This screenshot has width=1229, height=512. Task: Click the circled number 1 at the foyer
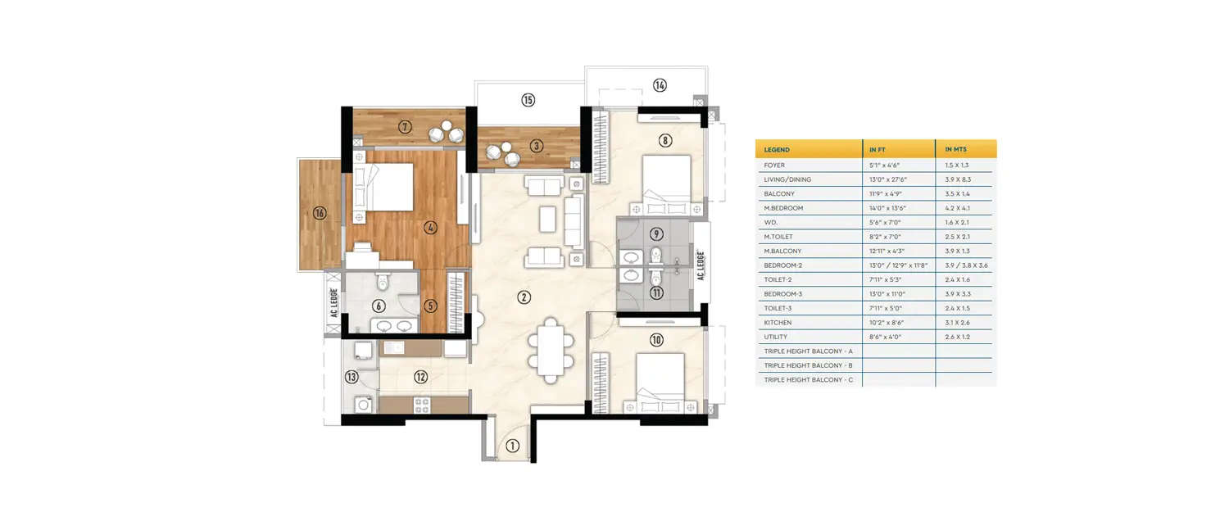512,446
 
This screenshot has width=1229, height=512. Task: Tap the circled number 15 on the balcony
528,100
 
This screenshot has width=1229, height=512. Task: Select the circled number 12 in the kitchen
420,377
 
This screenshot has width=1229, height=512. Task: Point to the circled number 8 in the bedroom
665,140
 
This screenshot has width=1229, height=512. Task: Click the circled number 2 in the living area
524,297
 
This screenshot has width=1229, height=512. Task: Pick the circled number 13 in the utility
351,377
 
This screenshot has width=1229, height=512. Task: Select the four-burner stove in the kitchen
423,404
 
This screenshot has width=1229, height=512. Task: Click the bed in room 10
660,382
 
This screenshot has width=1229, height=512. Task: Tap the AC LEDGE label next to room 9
701,265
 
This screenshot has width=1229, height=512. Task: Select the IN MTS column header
955,150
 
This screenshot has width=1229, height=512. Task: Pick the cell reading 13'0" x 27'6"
889,179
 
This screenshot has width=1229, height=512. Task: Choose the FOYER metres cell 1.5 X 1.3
957,165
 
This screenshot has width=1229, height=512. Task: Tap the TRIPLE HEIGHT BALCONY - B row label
808,365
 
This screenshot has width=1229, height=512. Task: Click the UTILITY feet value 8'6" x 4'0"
886,337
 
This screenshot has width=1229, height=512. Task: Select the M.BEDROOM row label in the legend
783,208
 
